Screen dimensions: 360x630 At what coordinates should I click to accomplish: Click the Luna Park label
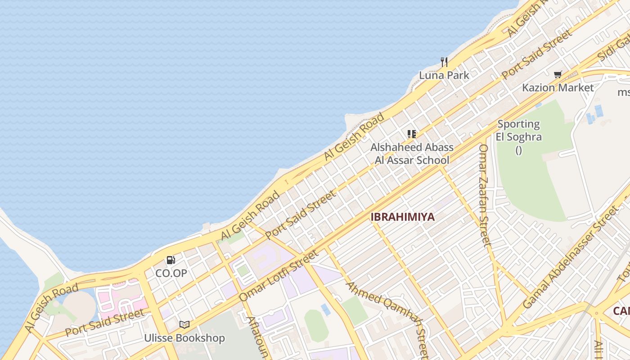[444, 75]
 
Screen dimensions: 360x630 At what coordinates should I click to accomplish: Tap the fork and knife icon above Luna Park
[444, 62]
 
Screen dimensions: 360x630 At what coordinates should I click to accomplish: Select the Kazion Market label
[558, 88]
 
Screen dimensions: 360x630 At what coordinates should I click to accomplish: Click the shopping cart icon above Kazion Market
[558, 74]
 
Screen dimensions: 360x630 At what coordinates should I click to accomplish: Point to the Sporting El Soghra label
[518, 130]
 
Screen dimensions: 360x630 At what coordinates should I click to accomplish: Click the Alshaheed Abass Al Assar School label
[412, 153]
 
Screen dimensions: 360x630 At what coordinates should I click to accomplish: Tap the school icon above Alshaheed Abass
[411, 134]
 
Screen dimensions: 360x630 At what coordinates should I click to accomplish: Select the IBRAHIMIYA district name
[403, 217]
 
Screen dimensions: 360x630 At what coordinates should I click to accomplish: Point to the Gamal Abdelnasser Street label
[571, 257]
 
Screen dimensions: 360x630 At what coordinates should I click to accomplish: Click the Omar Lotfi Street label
[279, 275]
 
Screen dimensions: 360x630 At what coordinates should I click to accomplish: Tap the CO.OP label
[171, 273]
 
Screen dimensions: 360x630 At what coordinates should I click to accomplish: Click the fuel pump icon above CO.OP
[171, 260]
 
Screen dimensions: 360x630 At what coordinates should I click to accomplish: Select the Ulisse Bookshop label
[184, 338]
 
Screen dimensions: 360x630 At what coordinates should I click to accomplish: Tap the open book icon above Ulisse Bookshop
[184, 324]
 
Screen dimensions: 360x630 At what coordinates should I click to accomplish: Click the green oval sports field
[316, 325]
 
